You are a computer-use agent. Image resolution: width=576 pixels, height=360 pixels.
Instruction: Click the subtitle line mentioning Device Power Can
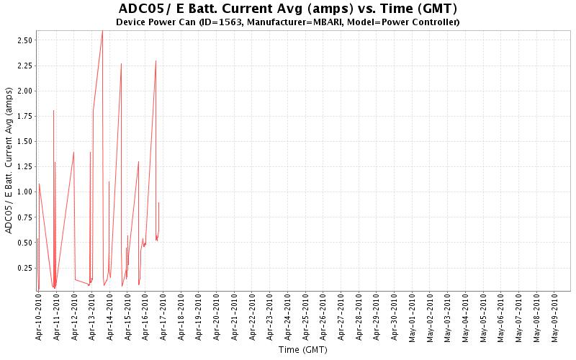click(287, 22)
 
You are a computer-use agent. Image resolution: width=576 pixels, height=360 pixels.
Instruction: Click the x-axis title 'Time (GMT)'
click(302, 351)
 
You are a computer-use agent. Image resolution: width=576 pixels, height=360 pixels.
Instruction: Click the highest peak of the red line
click(102, 31)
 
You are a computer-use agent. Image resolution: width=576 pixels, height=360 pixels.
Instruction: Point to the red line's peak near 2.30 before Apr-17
click(156, 60)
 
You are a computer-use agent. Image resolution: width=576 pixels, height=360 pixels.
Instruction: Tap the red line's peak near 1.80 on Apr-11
click(53, 110)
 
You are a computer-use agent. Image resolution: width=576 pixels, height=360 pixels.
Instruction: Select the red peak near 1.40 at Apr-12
click(73, 152)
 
